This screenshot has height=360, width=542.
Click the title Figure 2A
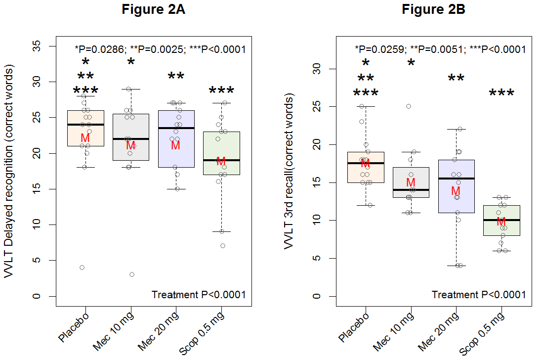154,9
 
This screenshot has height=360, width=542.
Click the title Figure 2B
433,9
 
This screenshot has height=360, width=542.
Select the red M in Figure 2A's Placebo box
85,137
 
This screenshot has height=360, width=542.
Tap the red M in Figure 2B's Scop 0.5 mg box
501,221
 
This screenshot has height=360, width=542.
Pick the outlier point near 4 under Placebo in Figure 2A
82,268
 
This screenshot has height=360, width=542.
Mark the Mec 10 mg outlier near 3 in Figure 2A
132,274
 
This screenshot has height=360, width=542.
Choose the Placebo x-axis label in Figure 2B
355,327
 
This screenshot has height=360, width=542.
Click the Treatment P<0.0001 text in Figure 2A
199,295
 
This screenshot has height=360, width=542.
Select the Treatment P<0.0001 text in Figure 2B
478,295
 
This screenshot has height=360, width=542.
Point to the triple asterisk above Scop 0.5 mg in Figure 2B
501,93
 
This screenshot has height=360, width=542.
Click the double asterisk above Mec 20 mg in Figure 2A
176,77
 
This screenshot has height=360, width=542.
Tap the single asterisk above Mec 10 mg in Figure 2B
411,63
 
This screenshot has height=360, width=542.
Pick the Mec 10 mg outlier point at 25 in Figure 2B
409,106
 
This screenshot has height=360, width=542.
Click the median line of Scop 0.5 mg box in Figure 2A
221,160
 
